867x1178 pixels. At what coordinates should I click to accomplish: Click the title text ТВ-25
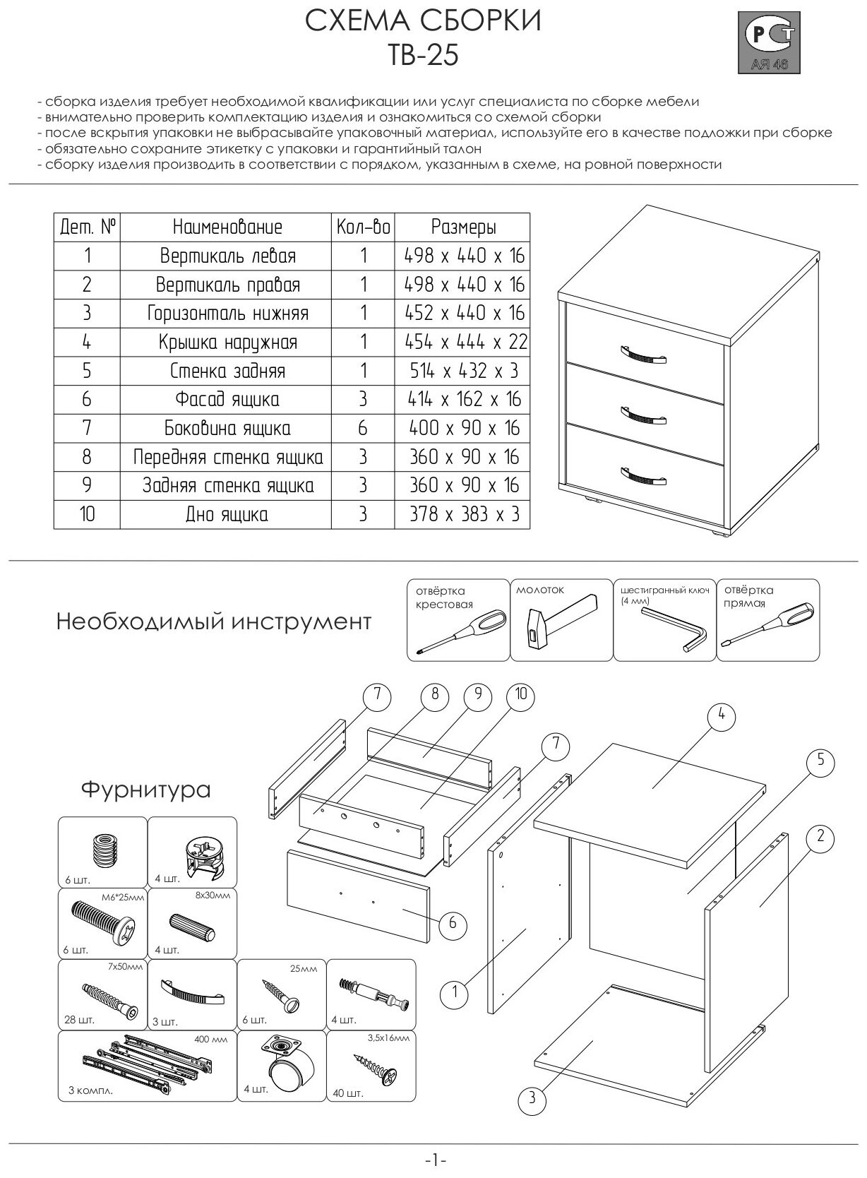(x=423, y=55)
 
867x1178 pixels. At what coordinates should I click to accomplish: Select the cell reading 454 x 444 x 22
(x=465, y=342)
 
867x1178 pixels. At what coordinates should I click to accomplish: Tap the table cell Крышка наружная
(x=227, y=343)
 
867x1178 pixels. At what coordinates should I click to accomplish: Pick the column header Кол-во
(x=363, y=227)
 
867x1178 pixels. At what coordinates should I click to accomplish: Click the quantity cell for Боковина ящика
(x=363, y=429)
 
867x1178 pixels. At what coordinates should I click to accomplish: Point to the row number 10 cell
(x=87, y=514)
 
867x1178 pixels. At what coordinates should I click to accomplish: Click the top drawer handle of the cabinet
(x=642, y=354)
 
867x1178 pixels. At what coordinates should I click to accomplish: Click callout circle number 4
(x=721, y=715)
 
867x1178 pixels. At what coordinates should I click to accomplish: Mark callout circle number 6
(x=453, y=923)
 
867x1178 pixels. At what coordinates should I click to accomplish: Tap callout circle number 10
(x=521, y=694)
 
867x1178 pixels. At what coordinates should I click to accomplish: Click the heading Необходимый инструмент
(x=213, y=622)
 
